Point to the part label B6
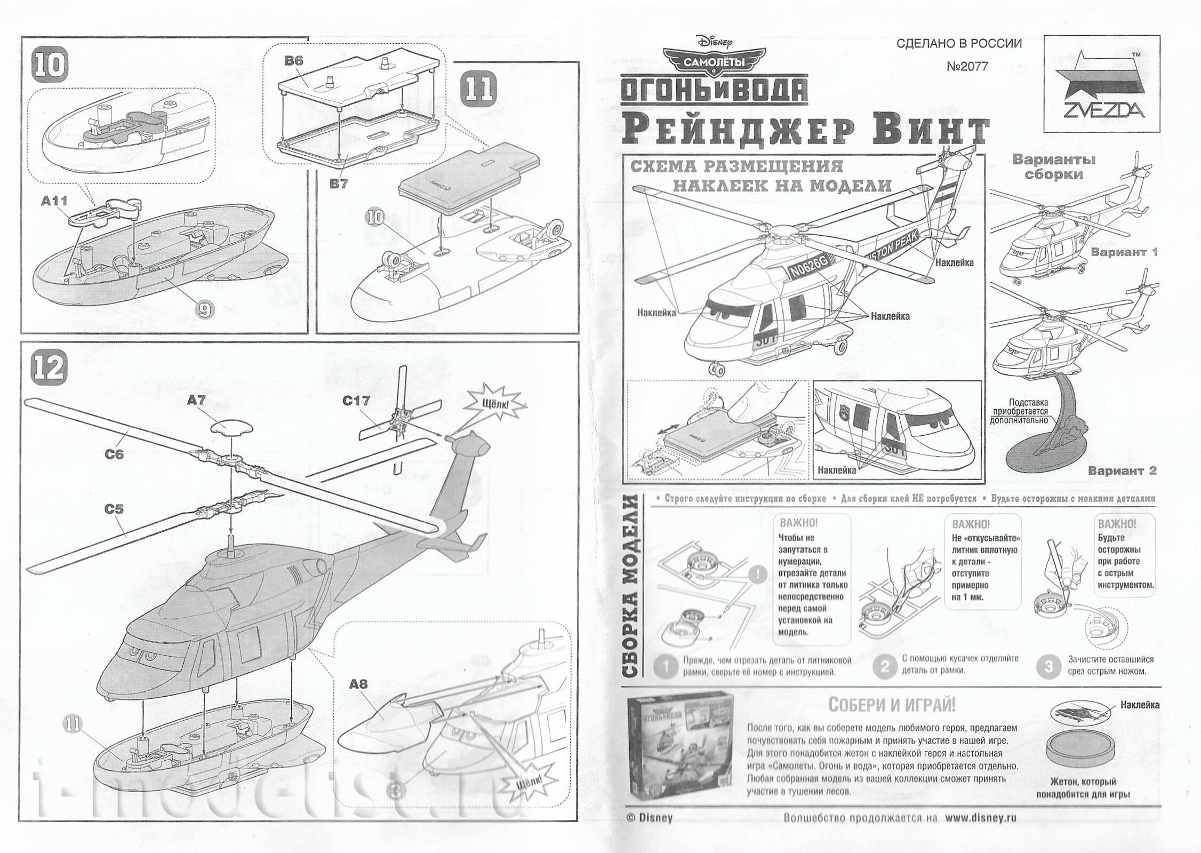click(293, 61)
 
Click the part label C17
click(356, 401)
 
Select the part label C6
click(114, 454)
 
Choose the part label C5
click(114, 509)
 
